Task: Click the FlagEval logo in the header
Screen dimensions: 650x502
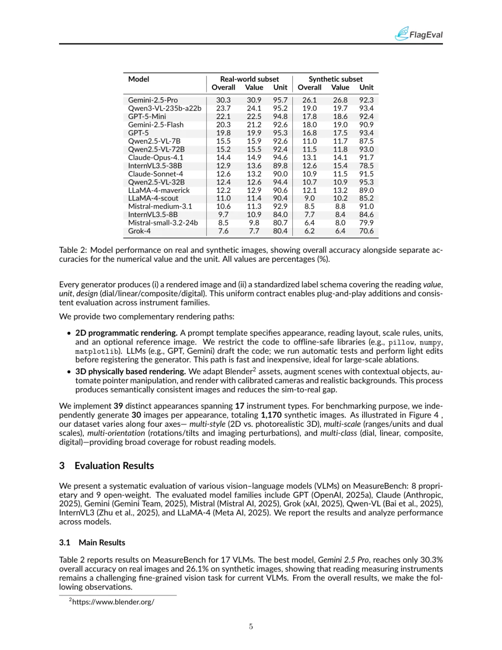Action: [x=418, y=34]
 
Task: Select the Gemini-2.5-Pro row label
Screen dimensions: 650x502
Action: [x=153, y=100]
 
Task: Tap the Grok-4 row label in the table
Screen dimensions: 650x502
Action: [x=139, y=231]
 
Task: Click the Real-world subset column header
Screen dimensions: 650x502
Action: [x=250, y=79]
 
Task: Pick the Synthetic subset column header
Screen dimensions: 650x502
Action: [x=336, y=79]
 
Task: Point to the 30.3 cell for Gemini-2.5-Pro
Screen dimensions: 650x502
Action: [x=223, y=100]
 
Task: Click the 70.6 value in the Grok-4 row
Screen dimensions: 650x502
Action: [x=366, y=231]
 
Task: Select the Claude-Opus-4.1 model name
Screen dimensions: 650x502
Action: [x=156, y=158]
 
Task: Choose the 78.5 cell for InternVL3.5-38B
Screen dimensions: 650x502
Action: [x=366, y=166]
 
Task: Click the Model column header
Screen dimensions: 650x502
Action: [x=139, y=79]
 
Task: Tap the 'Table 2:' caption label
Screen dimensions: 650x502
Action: [x=73, y=250]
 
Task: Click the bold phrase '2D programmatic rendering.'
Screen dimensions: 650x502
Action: [x=126, y=333]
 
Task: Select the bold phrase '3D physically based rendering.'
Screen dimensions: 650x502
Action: [x=131, y=371]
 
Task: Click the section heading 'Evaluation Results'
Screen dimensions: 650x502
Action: [x=114, y=466]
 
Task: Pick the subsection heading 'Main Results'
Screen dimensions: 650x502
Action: [x=102, y=543]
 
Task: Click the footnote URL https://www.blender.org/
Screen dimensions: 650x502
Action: [x=113, y=602]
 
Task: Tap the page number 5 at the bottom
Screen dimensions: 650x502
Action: [x=251, y=626]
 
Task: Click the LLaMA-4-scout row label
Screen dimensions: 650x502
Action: [x=153, y=199]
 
